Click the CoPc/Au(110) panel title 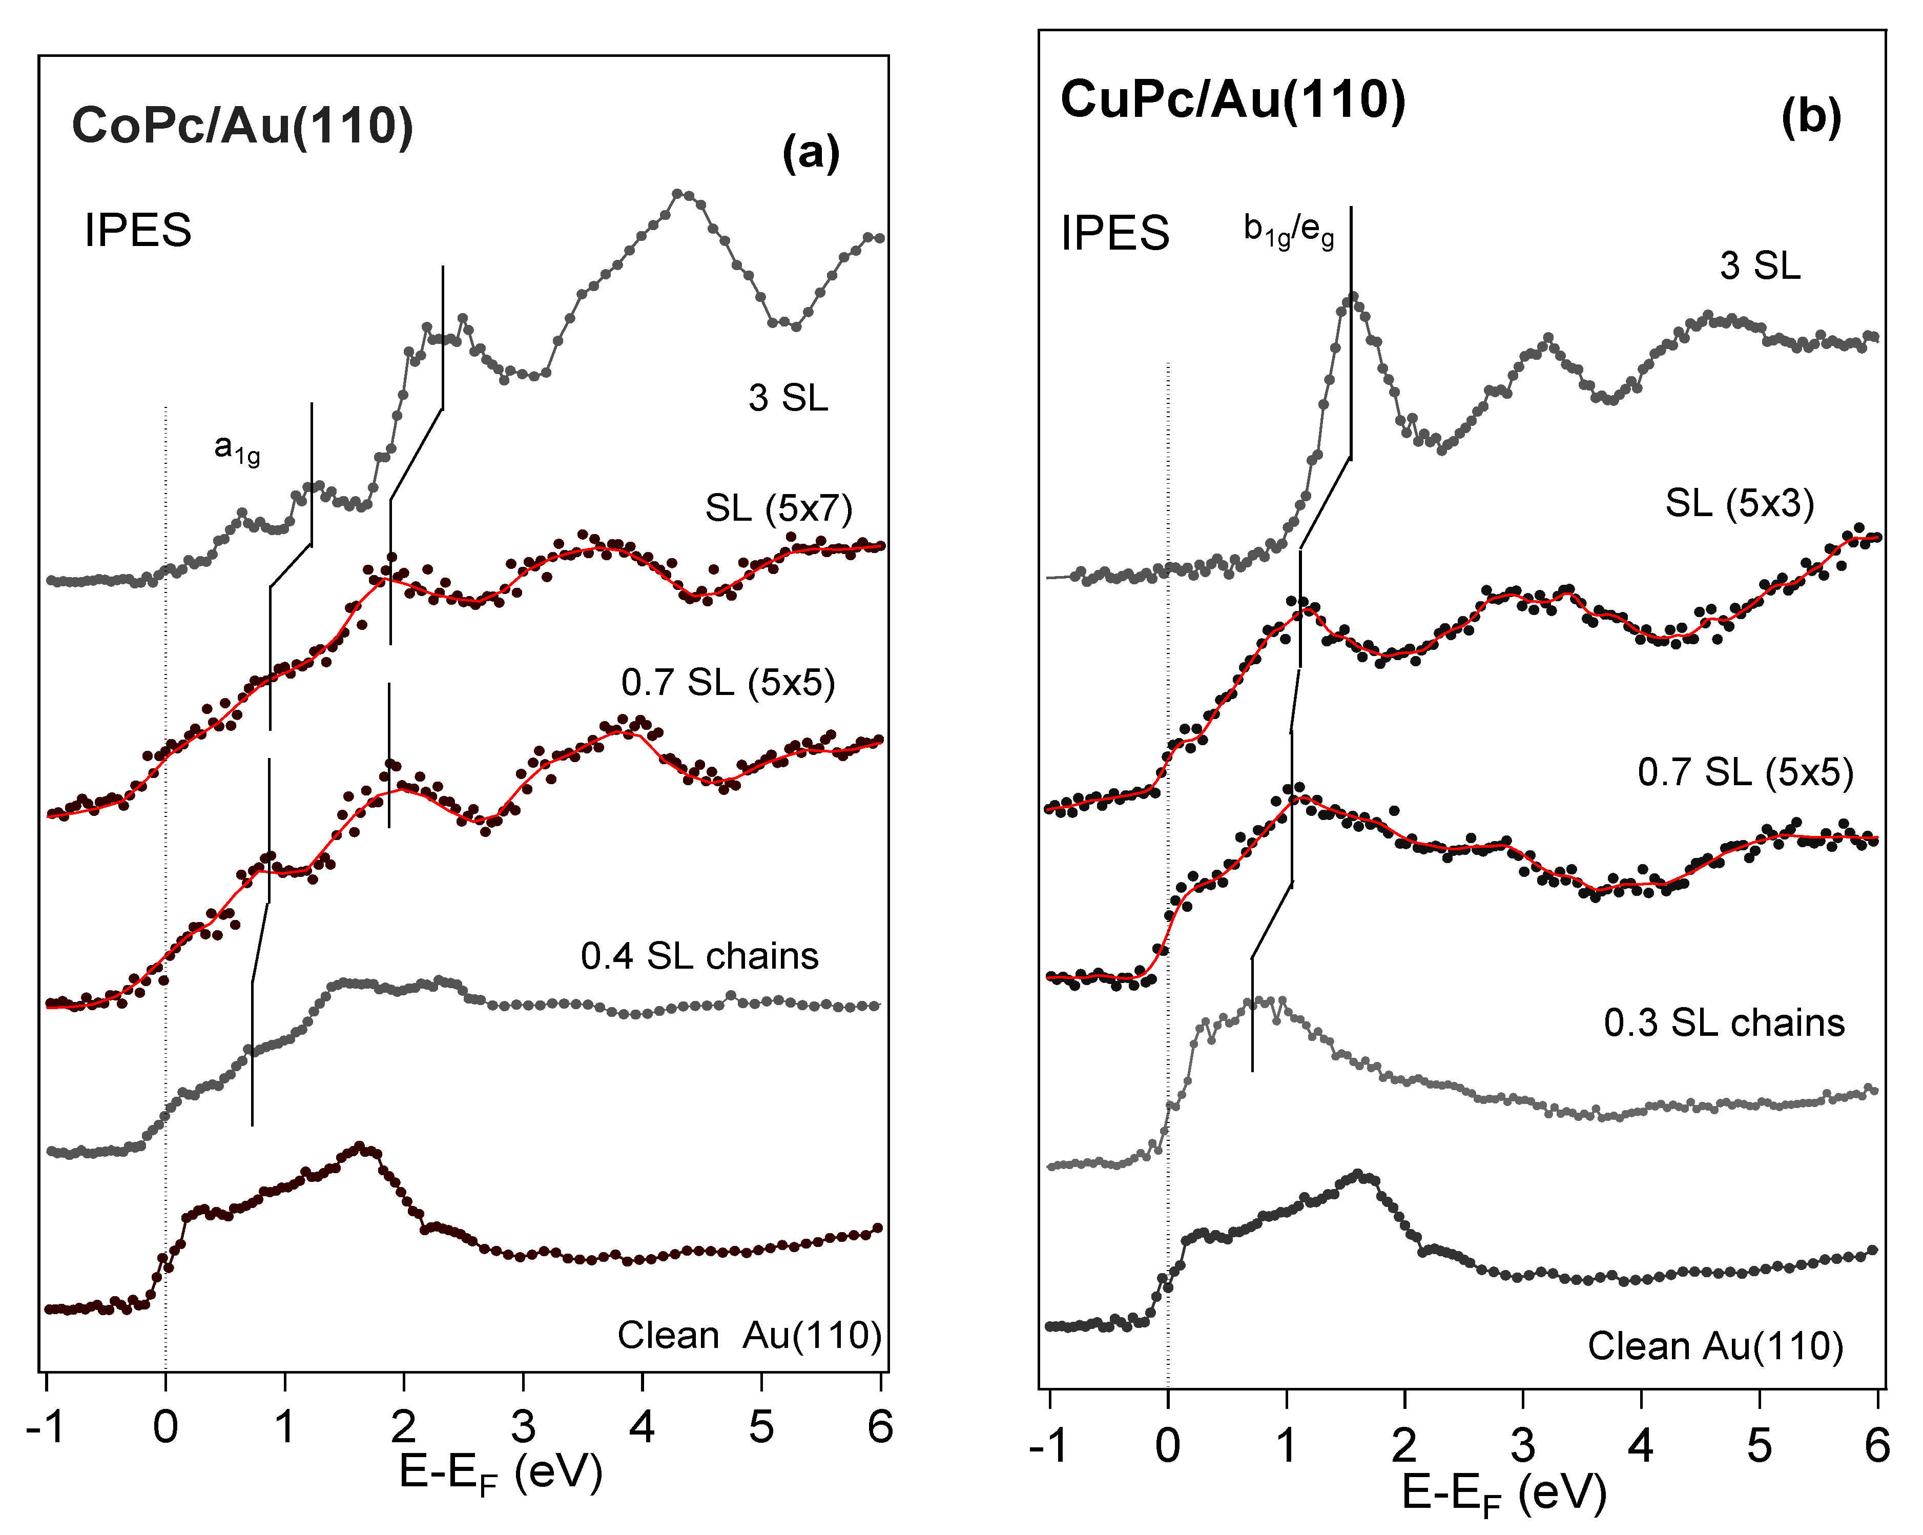tap(242, 126)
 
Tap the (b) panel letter tap(1811, 117)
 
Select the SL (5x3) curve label tap(1739, 504)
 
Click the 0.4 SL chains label tap(699, 956)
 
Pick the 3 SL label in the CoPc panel tap(788, 398)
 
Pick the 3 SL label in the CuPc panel tap(1760, 266)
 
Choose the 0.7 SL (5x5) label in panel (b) tap(1745, 771)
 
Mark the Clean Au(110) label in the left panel tap(749, 1335)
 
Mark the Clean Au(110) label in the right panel tap(1715, 1346)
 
